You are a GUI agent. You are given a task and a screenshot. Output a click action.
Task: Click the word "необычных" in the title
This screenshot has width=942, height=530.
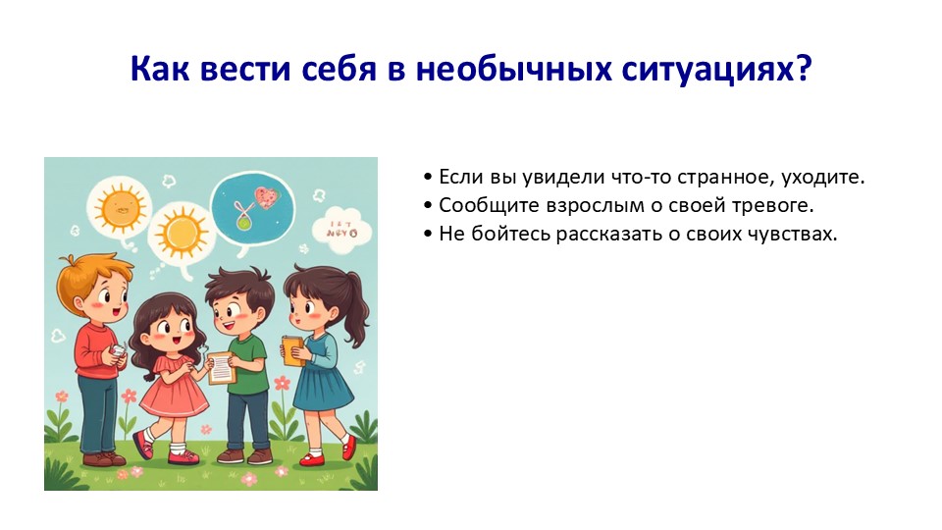tap(513, 69)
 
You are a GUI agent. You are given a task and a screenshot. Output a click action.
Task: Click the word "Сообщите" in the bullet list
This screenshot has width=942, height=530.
tap(490, 206)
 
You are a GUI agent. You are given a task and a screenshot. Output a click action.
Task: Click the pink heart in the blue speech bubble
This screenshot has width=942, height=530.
tap(267, 196)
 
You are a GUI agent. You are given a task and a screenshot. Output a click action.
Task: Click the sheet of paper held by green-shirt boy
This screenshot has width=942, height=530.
tap(221, 367)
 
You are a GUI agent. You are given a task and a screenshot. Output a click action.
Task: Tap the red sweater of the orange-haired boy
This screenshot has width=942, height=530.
tap(96, 351)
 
